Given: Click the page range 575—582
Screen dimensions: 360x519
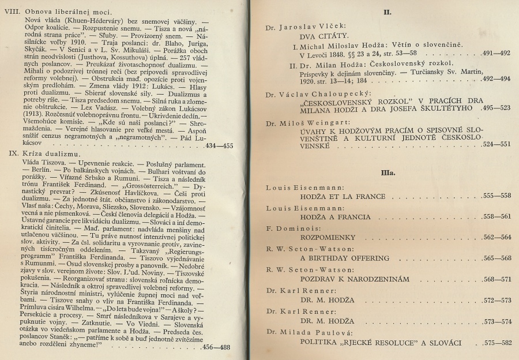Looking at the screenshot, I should click(x=493, y=344).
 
